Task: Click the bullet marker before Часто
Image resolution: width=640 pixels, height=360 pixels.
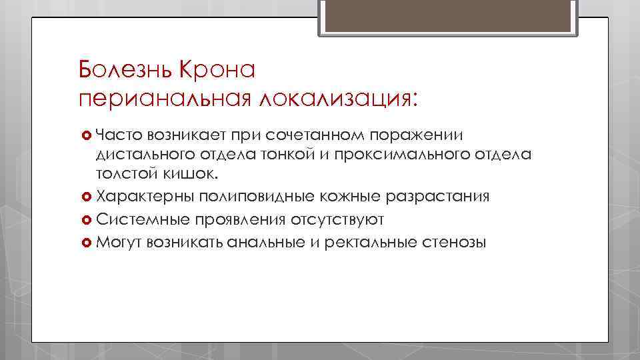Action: pyautogui.click(x=85, y=135)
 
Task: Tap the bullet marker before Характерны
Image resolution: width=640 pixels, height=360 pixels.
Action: pyautogui.click(x=85, y=197)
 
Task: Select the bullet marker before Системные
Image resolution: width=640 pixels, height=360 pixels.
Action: pyautogui.click(x=85, y=219)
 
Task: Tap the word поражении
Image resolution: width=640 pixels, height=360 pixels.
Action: pyautogui.click(x=417, y=135)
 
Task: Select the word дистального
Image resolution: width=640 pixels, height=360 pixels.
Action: pyautogui.click(x=137, y=155)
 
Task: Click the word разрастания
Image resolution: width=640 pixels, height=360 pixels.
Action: pyautogui.click(x=439, y=197)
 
